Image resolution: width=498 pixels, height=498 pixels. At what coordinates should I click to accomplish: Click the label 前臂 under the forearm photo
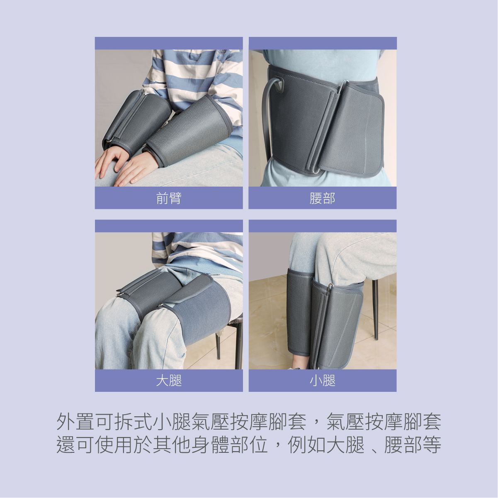(169, 198)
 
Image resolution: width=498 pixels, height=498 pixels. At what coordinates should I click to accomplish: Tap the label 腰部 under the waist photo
(322, 198)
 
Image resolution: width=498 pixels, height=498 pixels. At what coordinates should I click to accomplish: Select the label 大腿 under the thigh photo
(169, 381)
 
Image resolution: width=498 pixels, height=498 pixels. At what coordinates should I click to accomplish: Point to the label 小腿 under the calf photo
(322, 381)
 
